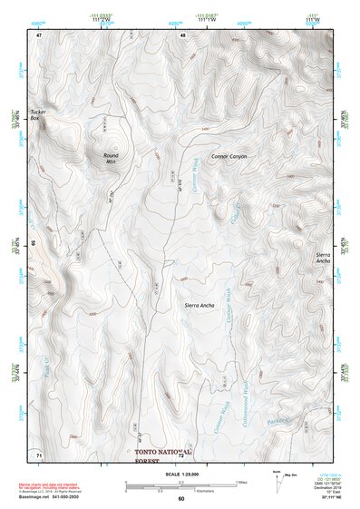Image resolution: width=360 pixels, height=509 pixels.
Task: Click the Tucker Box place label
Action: [36, 115]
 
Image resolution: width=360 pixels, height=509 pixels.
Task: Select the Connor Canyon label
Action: [229, 156]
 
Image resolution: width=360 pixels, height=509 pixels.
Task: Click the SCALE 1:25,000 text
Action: [181, 475]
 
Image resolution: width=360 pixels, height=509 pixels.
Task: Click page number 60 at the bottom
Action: [181, 499]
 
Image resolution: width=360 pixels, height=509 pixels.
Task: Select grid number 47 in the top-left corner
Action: [40, 34]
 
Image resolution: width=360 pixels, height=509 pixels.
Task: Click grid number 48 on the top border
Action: [182, 34]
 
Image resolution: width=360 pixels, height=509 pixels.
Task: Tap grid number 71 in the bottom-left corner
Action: [39, 454]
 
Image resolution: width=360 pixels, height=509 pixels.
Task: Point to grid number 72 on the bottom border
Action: [181, 455]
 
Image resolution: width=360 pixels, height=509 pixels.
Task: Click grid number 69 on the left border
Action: [34, 244]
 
